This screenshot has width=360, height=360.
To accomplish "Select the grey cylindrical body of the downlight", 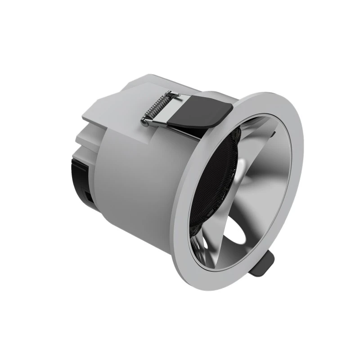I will pos(139,180).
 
